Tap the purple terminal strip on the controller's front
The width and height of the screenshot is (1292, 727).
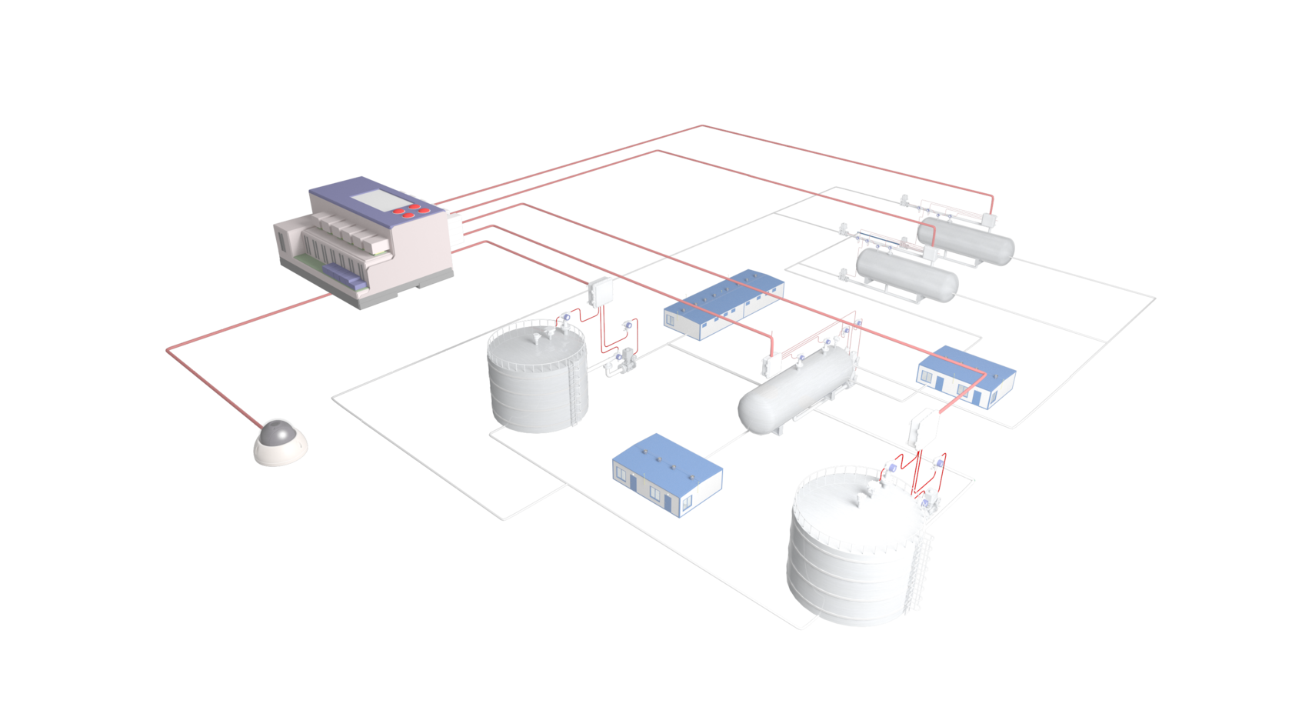click(342, 276)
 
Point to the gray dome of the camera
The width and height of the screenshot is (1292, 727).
click(278, 433)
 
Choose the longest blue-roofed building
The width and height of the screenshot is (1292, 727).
click(723, 303)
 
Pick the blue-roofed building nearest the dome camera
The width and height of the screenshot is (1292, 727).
click(666, 474)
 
